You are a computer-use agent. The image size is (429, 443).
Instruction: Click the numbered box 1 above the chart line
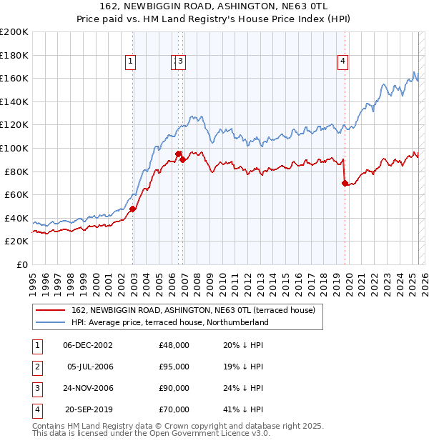click(x=132, y=62)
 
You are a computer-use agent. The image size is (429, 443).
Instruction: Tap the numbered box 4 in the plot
click(x=343, y=62)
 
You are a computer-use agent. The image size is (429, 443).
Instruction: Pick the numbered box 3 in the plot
click(x=182, y=62)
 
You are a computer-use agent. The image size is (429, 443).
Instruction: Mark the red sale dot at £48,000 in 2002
click(x=133, y=209)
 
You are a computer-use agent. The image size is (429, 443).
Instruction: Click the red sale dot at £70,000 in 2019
click(x=345, y=184)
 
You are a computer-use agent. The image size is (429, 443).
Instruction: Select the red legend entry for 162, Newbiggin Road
click(x=187, y=310)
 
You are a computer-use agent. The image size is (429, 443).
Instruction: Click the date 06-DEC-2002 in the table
click(x=88, y=345)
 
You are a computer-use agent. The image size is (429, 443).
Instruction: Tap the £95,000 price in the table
click(x=174, y=367)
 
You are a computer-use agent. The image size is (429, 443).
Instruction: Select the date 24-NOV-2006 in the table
click(x=88, y=388)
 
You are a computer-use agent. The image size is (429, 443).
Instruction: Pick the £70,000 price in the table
click(x=174, y=409)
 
